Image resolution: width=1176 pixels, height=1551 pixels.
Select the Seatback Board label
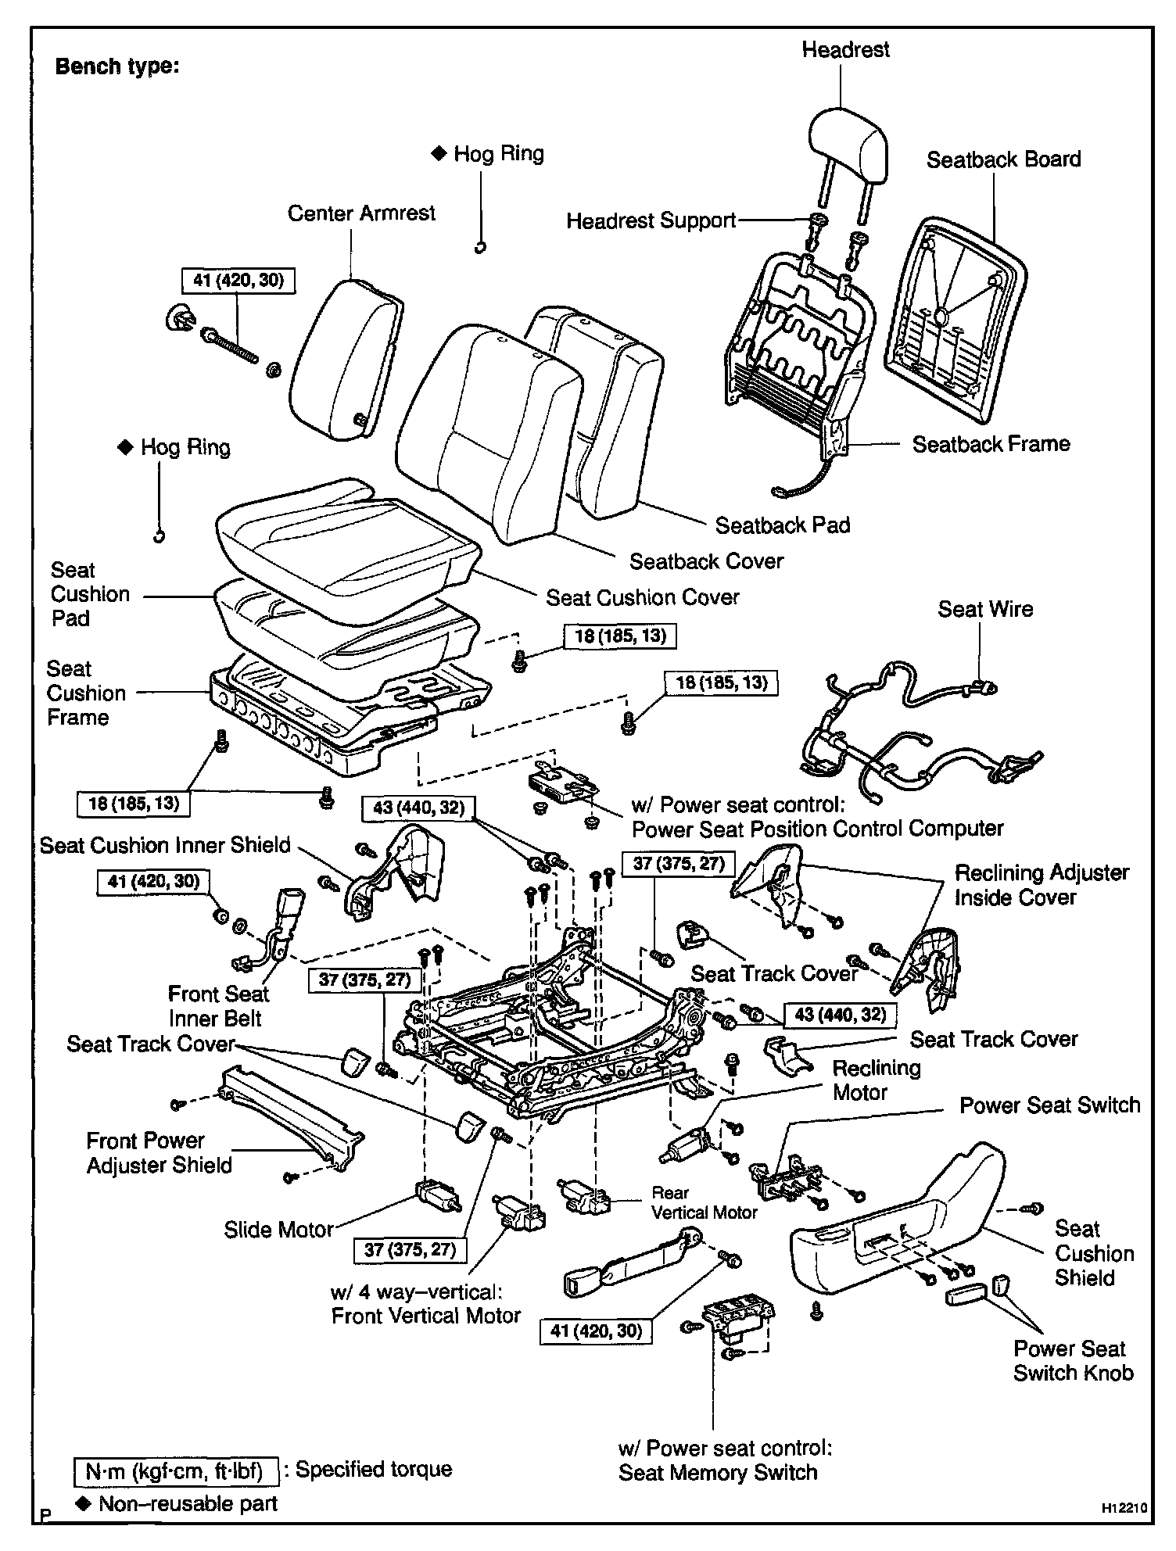point(1003,159)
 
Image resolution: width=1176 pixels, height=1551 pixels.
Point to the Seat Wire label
point(985,609)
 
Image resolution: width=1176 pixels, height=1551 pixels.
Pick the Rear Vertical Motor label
point(705,1203)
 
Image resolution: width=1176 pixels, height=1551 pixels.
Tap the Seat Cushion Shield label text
point(1093,1253)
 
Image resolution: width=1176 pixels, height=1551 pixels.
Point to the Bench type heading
point(117,66)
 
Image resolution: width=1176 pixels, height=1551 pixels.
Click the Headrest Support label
point(651,221)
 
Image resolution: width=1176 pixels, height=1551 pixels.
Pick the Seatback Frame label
point(991,444)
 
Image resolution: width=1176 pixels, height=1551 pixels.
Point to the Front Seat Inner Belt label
point(217,1006)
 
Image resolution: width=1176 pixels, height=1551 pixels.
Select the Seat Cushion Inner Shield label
point(165,845)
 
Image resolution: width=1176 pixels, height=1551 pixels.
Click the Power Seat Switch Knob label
point(1073,1361)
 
